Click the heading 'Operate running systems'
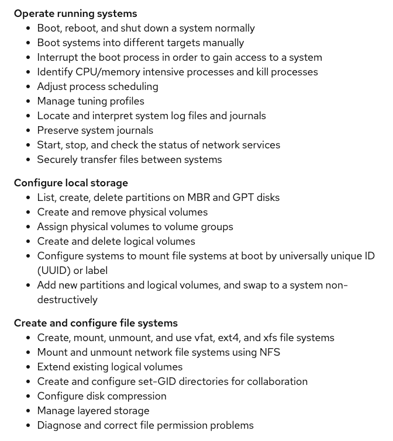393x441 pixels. tap(75, 13)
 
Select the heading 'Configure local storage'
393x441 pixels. tap(71, 183)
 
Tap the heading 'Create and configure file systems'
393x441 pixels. tap(96, 323)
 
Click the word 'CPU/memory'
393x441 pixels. tap(106, 72)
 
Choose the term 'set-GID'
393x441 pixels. tap(168, 381)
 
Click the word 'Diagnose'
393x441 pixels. tap(60, 425)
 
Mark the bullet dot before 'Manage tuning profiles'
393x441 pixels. tap(28, 101)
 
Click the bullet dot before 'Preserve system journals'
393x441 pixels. tap(28, 130)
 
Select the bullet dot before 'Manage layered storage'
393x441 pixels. tap(28, 411)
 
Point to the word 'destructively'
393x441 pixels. tap(67, 300)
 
